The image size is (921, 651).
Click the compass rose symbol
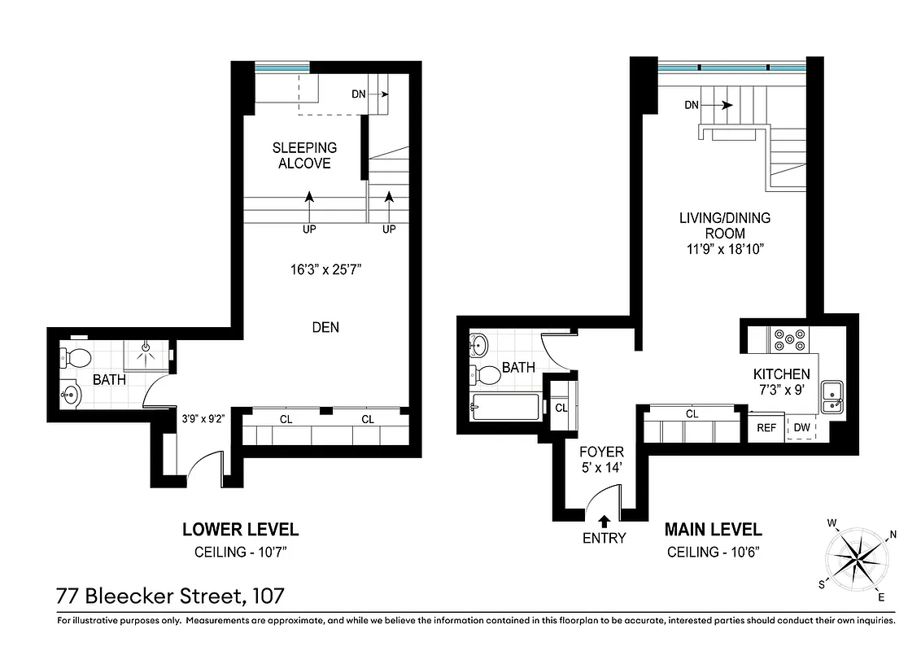(856, 559)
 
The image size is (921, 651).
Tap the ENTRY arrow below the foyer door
(605, 522)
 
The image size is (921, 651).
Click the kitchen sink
(832, 396)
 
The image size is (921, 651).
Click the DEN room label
(325, 327)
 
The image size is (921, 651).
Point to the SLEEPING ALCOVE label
(304, 155)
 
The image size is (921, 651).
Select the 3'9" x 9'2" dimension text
(203, 419)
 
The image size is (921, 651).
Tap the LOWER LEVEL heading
(240, 530)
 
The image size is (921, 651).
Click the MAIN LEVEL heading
(714, 530)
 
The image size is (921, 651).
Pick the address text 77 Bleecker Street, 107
(170, 596)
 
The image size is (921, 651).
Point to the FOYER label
(600, 452)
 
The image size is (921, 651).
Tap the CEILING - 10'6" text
(714, 553)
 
